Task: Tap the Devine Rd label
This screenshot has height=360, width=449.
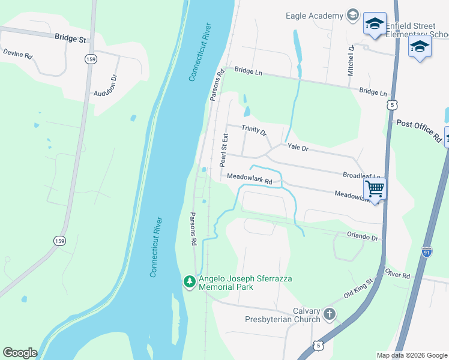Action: (x=17, y=53)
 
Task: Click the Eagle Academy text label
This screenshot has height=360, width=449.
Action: (x=313, y=16)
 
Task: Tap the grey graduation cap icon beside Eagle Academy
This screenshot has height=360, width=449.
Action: (x=352, y=16)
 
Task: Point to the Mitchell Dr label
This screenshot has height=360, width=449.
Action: (x=351, y=59)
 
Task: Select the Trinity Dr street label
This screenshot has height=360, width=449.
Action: (x=253, y=130)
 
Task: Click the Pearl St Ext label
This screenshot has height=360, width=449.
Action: (x=223, y=151)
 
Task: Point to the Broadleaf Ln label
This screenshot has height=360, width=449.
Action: (x=361, y=175)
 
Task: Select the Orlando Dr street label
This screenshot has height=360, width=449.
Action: (x=364, y=238)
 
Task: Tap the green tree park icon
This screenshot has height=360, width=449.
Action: (x=190, y=281)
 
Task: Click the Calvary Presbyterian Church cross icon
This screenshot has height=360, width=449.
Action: (x=329, y=313)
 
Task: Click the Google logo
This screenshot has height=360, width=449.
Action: (x=20, y=353)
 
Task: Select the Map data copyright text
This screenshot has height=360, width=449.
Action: (x=411, y=355)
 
